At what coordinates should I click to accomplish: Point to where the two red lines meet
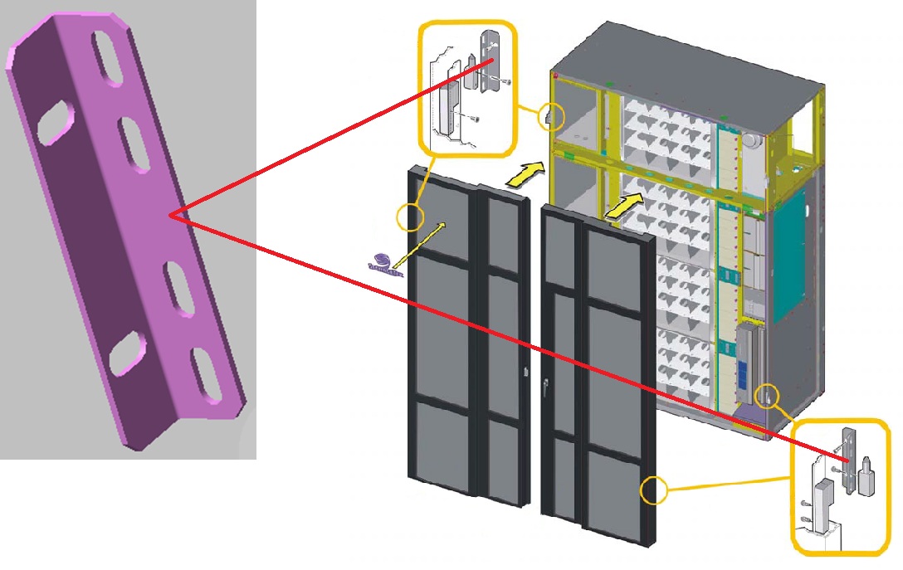[x=170, y=216]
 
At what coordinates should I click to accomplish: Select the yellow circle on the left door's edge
[x=410, y=218]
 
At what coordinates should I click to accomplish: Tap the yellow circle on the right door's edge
[x=653, y=490]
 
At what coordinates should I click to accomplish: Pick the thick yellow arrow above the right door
[x=624, y=206]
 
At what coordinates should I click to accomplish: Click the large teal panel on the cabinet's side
[x=789, y=254]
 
